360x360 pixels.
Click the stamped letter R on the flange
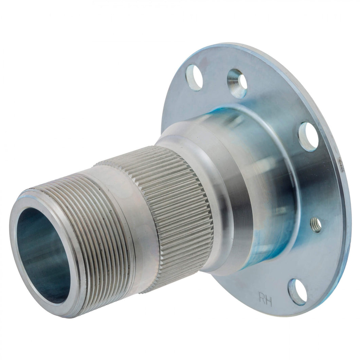tap(262, 299)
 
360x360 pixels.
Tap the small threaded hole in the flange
tap(316, 225)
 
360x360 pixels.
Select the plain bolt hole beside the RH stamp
tap(297, 291)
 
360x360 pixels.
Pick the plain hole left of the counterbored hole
tap(194, 77)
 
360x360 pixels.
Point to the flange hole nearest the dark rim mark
tap(308, 137)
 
